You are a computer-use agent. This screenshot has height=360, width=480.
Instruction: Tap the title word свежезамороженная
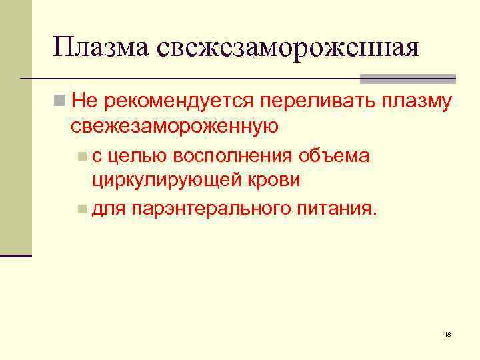(x=289, y=48)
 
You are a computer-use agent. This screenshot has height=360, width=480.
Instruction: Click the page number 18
(x=447, y=333)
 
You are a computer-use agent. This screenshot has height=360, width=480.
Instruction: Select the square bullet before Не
(x=60, y=101)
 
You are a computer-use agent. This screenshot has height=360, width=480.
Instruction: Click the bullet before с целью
(x=81, y=157)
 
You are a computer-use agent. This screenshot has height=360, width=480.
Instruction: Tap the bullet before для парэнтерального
(x=81, y=211)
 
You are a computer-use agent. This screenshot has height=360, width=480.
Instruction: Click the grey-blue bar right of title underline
(x=407, y=79)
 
